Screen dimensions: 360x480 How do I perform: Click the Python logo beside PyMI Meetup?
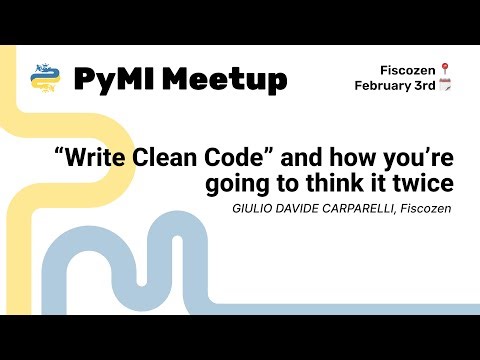(43, 77)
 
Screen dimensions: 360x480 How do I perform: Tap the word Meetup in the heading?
(225, 78)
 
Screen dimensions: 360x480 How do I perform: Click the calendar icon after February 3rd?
(445, 86)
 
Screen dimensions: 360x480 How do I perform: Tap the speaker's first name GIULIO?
(252, 208)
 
